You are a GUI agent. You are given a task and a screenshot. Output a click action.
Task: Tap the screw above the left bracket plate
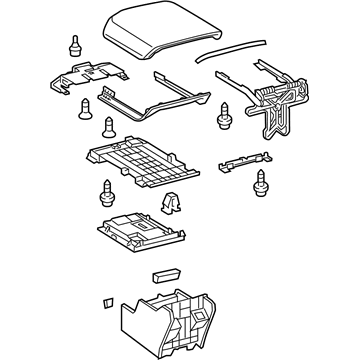click(x=74, y=44)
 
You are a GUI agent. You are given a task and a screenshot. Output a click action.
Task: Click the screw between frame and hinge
click(x=222, y=116)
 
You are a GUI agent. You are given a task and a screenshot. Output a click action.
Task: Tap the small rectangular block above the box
click(x=164, y=273)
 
